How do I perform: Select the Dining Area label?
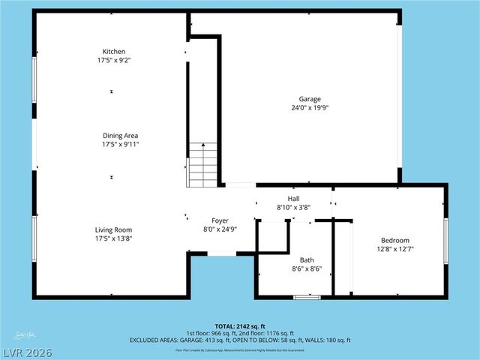point(120,136)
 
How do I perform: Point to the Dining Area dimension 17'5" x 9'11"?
point(120,145)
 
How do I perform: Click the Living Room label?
point(113,229)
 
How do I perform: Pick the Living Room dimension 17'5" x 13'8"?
point(113,238)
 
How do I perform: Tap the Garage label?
point(310,99)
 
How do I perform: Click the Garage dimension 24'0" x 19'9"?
point(310,108)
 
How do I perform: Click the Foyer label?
point(220,220)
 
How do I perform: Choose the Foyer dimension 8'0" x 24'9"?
point(220,229)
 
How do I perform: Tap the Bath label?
point(307,260)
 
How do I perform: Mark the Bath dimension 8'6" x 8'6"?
point(307,269)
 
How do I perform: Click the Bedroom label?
point(392,240)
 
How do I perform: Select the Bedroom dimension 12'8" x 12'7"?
point(392,249)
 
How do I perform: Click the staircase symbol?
point(202,165)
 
